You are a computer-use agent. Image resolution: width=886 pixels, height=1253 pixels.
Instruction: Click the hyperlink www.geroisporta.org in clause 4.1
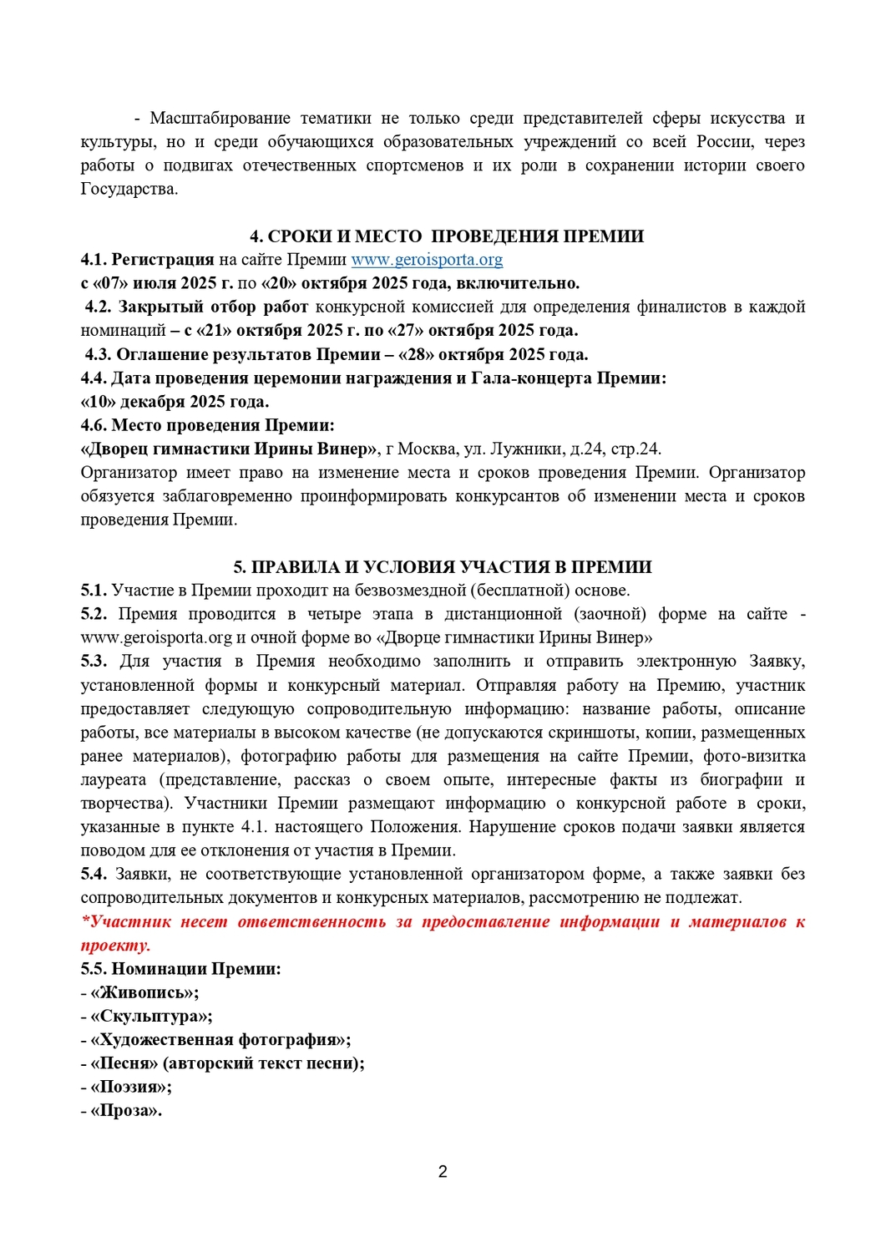(x=427, y=260)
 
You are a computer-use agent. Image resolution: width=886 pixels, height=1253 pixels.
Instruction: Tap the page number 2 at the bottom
(x=443, y=1171)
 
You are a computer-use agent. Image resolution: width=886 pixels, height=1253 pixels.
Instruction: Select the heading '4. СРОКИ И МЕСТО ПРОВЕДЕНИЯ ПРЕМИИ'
(x=447, y=236)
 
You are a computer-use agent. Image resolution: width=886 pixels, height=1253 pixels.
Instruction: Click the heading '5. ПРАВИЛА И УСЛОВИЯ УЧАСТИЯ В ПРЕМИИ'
(x=443, y=567)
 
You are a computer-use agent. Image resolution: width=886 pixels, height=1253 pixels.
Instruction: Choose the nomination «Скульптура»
(x=150, y=1017)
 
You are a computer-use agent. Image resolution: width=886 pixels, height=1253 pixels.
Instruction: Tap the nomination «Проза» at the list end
(x=125, y=1111)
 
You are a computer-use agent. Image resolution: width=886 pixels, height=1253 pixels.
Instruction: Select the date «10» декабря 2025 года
(x=175, y=402)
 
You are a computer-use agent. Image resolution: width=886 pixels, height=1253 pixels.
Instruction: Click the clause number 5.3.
(x=94, y=662)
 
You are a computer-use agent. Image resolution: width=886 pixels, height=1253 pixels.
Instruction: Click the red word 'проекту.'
(x=115, y=946)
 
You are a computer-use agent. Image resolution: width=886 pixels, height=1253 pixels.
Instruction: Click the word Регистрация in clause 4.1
(x=163, y=260)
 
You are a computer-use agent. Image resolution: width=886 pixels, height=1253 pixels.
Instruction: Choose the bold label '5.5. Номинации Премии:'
(x=180, y=969)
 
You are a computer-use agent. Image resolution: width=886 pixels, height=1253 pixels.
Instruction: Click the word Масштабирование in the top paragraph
(x=220, y=118)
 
